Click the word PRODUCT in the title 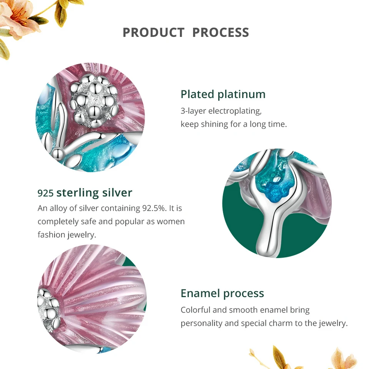coord(153,32)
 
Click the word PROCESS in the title coord(221,32)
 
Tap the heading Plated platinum coord(223,95)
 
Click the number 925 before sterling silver coord(46,193)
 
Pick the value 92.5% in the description coord(155,208)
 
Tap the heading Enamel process coord(223,293)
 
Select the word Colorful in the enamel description coord(195,310)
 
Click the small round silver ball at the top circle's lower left coord(58,153)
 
